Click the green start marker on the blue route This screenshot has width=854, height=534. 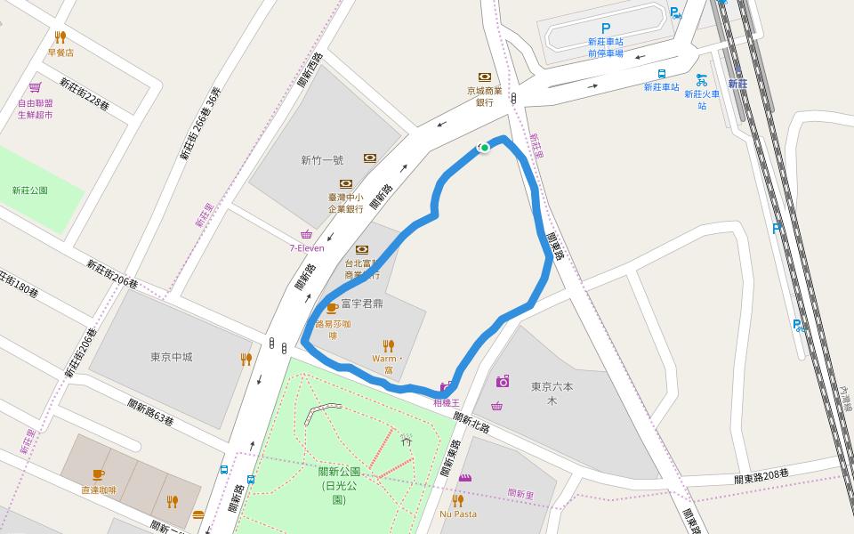point(484,148)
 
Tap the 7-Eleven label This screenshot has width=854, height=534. point(307,248)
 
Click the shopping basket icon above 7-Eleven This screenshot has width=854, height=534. point(307,233)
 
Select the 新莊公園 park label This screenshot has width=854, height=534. point(30,190)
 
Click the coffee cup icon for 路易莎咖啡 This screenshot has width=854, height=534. point(332,308)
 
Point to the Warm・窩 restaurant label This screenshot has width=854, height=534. point(388,364)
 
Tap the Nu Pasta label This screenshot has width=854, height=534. point(457,514)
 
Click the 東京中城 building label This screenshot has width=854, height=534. point(172,358)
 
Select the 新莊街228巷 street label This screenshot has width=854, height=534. point(85,94)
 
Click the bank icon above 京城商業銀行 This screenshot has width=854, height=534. point(485,77)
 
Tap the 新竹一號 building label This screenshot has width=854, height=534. point(322,161)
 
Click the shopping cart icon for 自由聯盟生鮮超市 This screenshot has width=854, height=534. point(35,87)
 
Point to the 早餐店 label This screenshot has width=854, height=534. point(60,53)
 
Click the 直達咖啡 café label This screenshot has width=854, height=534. point(99,490)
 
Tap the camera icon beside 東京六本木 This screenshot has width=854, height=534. point(503,381)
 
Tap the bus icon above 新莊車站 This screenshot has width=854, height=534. point(662,74)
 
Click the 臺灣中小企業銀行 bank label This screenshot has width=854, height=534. point(346,203)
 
